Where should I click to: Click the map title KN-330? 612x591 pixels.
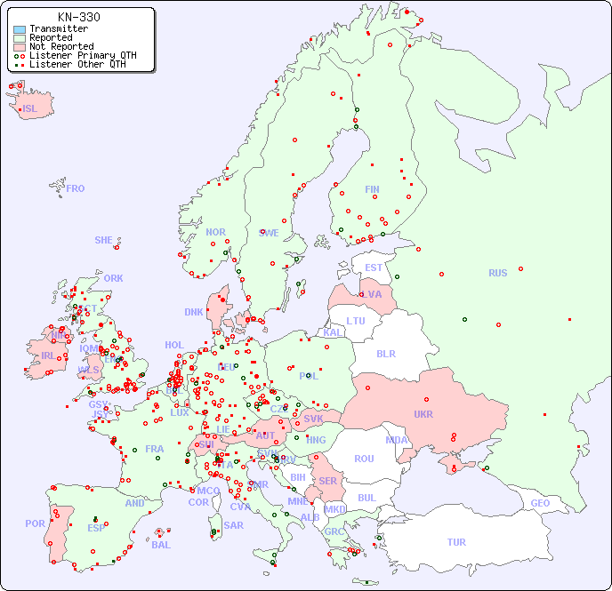click(78, 17)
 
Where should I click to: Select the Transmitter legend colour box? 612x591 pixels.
click(20, 29)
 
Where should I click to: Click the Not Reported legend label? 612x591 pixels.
click(61, 47)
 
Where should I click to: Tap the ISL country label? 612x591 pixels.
click(30, 109)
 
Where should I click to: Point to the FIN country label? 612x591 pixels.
click(372, 189)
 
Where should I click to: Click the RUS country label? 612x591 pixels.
click(497, 274)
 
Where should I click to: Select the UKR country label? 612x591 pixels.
click(423, 414)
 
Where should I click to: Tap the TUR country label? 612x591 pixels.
click(456, 542)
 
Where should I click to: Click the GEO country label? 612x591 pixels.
click(540, 503)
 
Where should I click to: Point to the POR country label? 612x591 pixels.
click(35, 524)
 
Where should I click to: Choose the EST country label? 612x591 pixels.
click(374, 268)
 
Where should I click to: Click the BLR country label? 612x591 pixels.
click(385, 354)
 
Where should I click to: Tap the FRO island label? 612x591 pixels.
click(76, 188)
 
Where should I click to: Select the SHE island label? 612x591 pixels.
click(104, 240)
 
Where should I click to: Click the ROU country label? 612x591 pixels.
click(364, 459)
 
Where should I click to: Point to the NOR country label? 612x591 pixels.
click(215, 233)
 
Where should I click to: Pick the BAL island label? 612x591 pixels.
click(161, 545)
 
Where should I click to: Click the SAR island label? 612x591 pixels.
click(234, 525)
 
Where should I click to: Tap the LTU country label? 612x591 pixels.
click(356, 322)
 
